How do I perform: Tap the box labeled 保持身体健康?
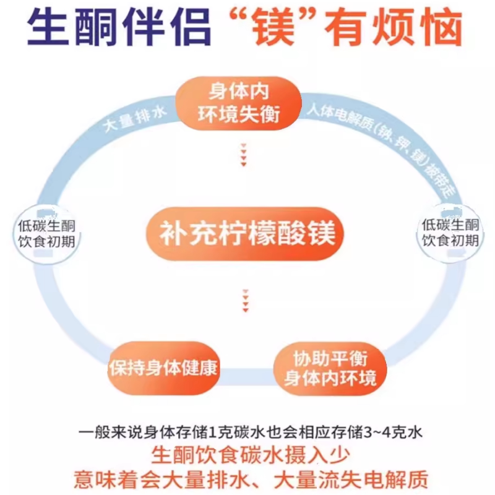(x=163, y=368)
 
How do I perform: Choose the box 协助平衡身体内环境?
(x=330, y=368)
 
